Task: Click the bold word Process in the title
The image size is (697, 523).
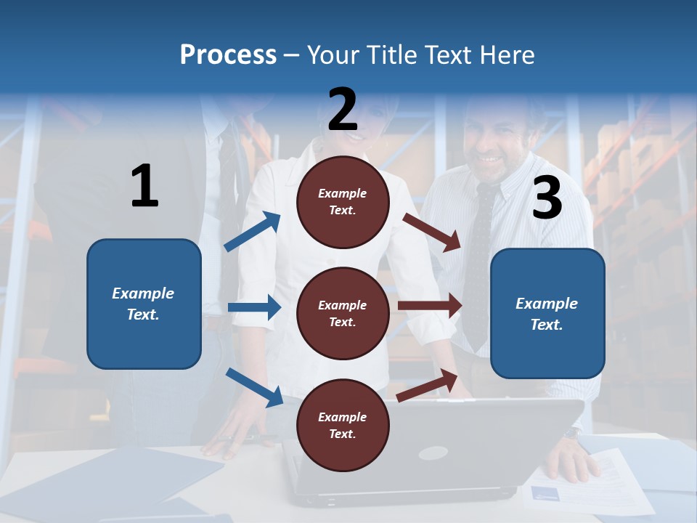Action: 228,54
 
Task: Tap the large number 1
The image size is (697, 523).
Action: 144,187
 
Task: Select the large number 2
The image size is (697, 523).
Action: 343,110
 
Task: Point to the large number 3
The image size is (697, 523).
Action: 547,198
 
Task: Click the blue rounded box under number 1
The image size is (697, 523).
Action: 144,304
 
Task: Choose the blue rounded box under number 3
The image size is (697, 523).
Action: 547,313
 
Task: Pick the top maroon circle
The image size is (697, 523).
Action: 343,202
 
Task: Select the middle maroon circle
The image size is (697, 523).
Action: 343,313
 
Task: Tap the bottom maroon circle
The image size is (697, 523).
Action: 343,425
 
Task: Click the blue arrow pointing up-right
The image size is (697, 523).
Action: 252,232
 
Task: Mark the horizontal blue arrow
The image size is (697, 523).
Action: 254,307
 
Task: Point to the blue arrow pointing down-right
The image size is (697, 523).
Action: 254,387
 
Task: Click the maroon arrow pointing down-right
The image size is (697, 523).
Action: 432,232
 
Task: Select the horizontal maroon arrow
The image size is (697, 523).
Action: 430,306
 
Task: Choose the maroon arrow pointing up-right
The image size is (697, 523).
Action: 428,386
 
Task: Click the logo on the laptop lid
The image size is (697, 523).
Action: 433,453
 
